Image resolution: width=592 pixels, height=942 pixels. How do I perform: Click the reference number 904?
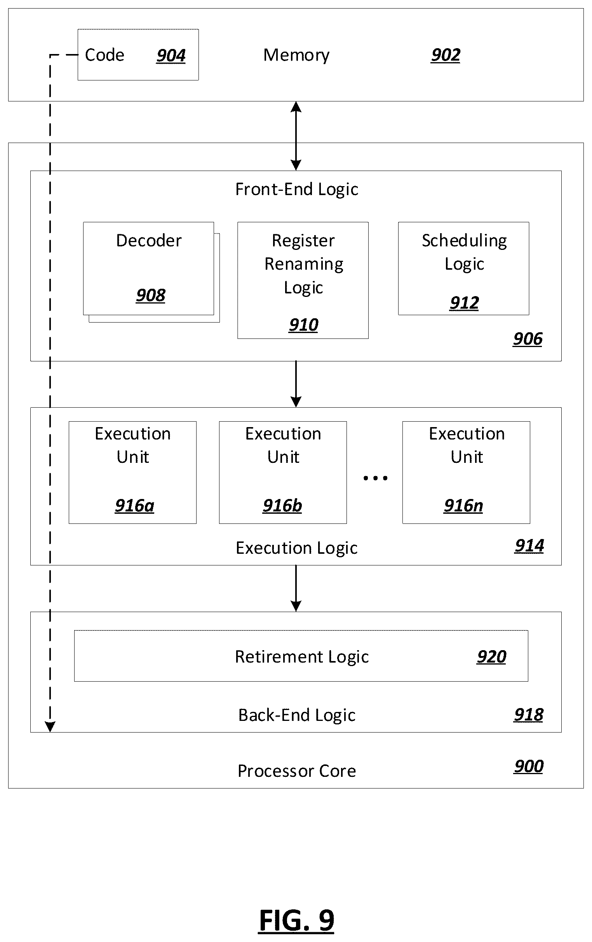tap(171, 56)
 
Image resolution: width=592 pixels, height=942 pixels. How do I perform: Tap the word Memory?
tap(296, 55)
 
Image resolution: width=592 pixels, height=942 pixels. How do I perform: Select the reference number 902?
tap(446, 55)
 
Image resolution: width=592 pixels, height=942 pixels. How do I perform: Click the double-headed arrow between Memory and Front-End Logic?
tap(296, 136)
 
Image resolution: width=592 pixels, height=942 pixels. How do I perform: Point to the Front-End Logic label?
tap(297, 190)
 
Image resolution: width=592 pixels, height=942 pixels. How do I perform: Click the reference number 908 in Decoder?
tap(151, 295)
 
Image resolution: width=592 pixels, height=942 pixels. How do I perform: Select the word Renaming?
tap(304, 264)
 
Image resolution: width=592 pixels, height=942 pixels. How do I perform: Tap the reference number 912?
tap(464, 303)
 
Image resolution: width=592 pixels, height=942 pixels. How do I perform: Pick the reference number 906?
tap(528, 339)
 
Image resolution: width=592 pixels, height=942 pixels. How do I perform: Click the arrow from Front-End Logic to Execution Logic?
tap(296, 384)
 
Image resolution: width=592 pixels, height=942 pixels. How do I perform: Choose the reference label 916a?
tap(134, 506)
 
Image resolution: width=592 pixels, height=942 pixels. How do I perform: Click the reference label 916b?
tap(282, 506)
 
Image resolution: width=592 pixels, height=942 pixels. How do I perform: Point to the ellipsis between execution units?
tap(375, 478)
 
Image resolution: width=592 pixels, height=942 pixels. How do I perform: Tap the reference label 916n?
tap(463, 506)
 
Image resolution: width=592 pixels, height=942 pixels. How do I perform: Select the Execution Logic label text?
tap(297, 548)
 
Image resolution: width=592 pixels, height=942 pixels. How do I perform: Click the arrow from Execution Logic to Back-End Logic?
tap(296, 588)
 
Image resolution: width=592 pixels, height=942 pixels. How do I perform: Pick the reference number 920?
tap(491, 657)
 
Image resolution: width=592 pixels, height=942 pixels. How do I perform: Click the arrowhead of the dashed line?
tap(50, 726)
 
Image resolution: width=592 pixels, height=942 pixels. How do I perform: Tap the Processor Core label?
tap(297, 771)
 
